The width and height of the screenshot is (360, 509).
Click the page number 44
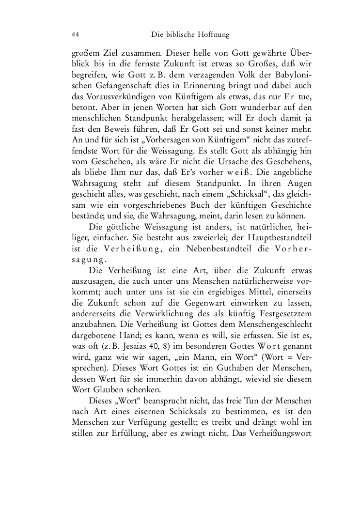pos(75,34)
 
